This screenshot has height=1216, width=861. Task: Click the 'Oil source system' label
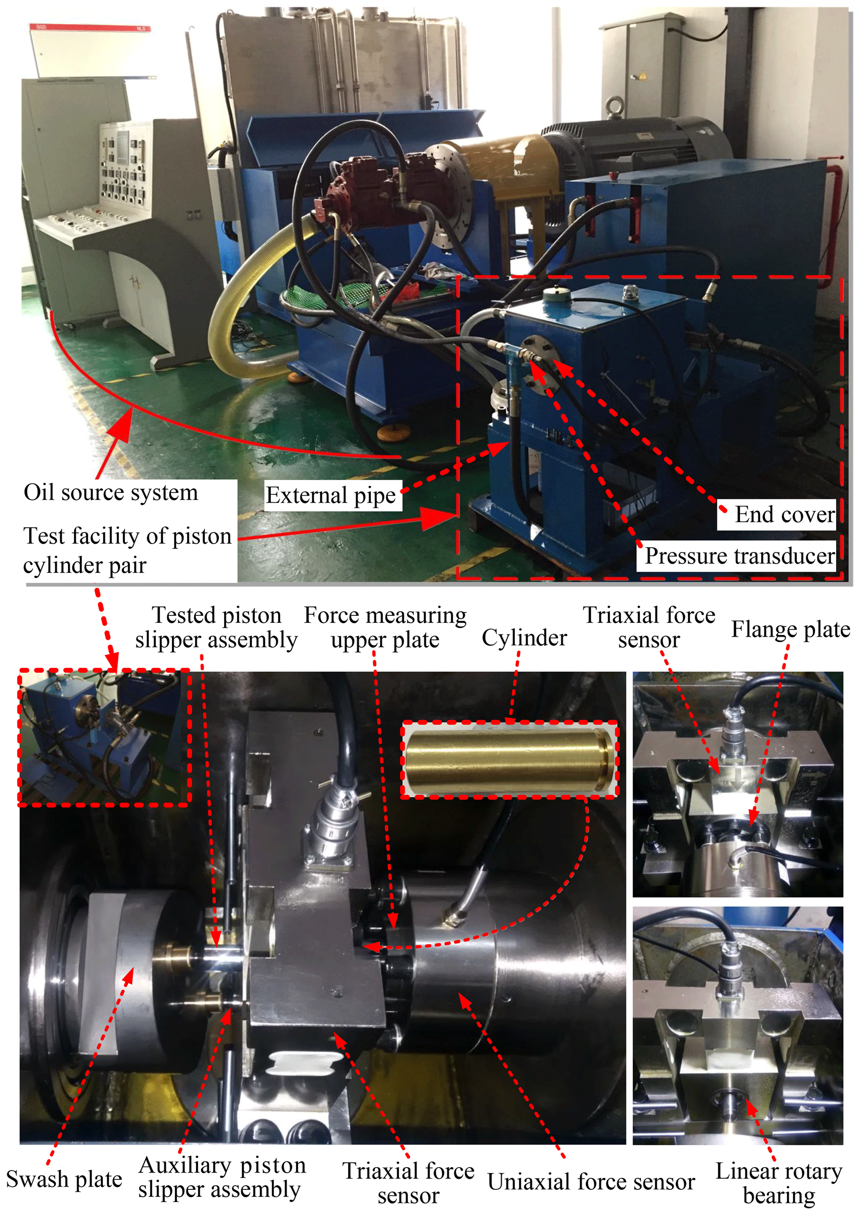(x=111, y=492)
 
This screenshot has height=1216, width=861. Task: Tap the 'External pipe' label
(x=331, y=496)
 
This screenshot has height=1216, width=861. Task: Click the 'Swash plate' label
(x=64, y=1179)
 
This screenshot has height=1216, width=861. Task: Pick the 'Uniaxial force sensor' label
(x=591, y=1181)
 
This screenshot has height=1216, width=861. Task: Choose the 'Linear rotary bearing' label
(x=779, y=1183)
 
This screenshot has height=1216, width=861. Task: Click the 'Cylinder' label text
(x=524, y=637)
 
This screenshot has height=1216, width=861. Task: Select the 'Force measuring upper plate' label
(x=385, y=627)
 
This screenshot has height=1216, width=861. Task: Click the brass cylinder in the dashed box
(x=509, y=759)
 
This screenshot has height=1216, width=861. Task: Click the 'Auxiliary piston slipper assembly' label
(x=222, y=1177)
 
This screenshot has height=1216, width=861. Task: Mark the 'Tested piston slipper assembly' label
(x=216, y=627)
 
